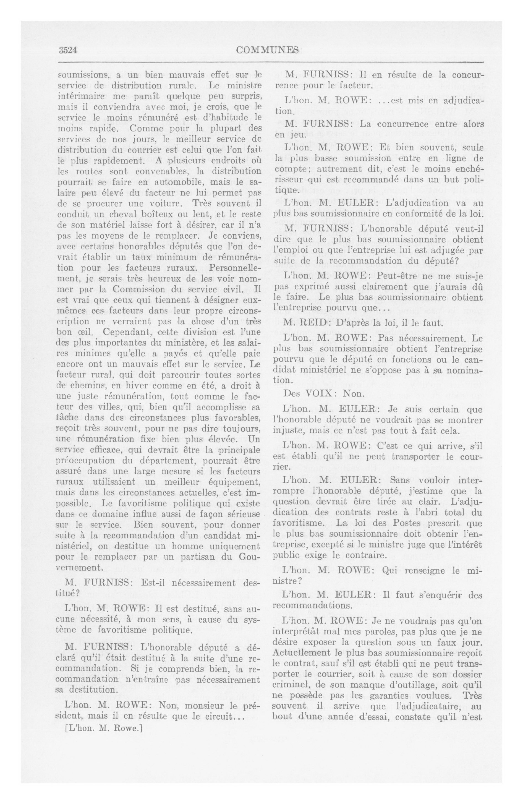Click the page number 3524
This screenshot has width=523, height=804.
tap(68, 50)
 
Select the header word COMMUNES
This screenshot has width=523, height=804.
tap(267, 50)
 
